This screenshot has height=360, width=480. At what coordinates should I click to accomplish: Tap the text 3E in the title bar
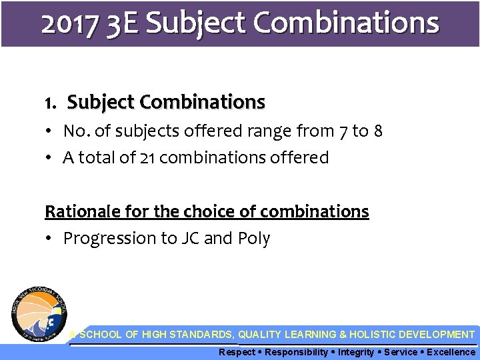click(x=122, y=23)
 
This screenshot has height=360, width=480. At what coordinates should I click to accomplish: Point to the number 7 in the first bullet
click(x=344, y=131)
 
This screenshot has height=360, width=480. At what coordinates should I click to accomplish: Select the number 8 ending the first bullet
click(x=378, y=131)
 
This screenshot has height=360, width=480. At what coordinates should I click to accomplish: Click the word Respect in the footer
click(x=237, y=352)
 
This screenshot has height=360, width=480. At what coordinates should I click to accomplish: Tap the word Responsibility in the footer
click(x=294, y=352)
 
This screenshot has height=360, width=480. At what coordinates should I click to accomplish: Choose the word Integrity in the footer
click(x=357, y=352)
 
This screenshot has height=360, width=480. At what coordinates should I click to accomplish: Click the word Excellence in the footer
click(x=451, y=352)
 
